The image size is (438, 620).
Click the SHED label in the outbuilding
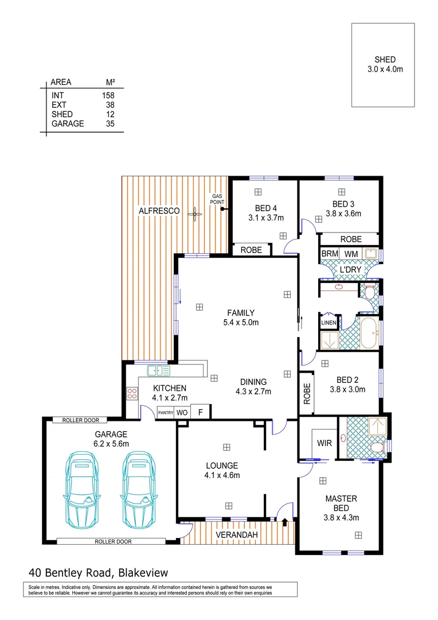[x=385, y=60]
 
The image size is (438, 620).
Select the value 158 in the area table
[x=108, y=95]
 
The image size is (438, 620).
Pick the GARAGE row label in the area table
[x=68, y=123]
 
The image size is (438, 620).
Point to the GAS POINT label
[x=217, y=199]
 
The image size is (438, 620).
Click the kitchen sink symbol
[x=158, y=370]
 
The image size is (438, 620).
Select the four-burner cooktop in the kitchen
[x=132, y=393]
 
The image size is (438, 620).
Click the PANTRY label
[x=166, y=412]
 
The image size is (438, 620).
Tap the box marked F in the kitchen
[x=200, y=412]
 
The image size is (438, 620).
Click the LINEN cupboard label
[x=328, y=323]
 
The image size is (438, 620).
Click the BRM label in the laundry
[x=329, y=254]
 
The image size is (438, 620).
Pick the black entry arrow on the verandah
[x=285, y=521]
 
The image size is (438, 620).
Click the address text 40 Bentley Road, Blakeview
[x=98, y=572]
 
